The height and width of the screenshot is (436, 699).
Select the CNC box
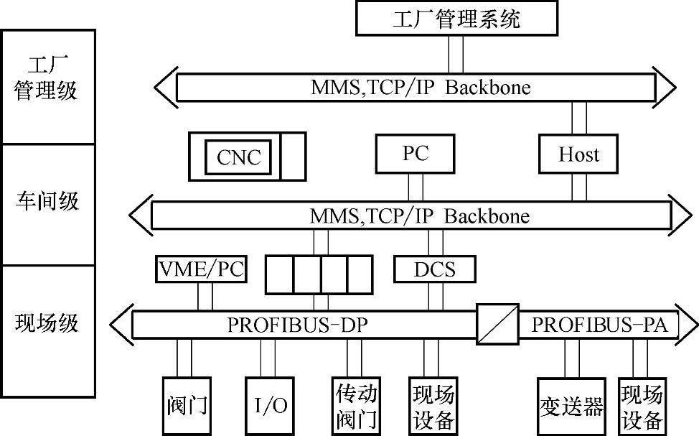(239, 157)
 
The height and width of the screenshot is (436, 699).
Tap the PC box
(416, 154)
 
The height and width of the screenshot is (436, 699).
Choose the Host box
(578, 154)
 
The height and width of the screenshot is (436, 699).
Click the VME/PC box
(201, 269)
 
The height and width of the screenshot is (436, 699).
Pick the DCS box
(435, 269)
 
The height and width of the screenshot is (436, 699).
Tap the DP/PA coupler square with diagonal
(497, 324)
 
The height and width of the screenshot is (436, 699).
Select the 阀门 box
(186, 406)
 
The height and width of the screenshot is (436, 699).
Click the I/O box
(271, 406)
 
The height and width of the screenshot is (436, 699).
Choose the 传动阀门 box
(357, 406)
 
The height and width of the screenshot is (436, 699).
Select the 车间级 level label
(47, 201)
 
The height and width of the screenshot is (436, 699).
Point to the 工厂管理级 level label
(47, 79)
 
